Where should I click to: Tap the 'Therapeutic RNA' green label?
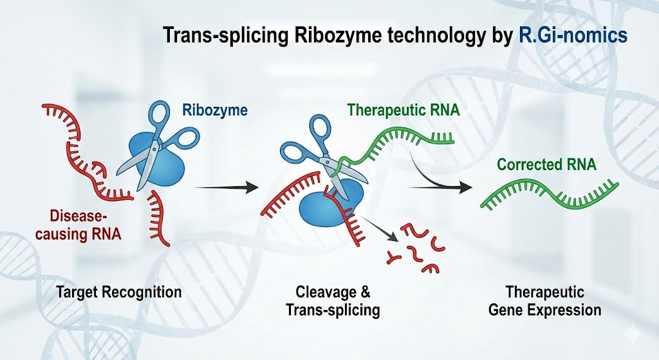[404, 110]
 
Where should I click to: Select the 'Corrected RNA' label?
[546, 165]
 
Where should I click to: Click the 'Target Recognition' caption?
[118, 292]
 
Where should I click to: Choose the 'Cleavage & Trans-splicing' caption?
[333, 301]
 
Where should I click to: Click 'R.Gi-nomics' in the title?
[573, 35]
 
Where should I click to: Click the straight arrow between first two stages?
[225, 187]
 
